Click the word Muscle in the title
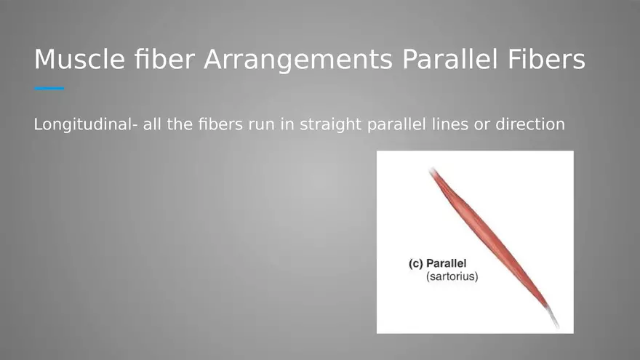(x=79, y=59)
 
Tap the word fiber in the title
(x=164, y=59)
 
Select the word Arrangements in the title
(x=298, y=60)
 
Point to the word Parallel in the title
(x=449, y=59)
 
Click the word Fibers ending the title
(x=546, y=59)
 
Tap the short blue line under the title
(x=49, y=88)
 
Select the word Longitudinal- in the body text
(x=86, y=124)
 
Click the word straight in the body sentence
(x=331, y=124)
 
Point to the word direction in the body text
(x=530, y=124)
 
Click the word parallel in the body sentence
(x=397, y=124)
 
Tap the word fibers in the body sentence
(x=220, y=124)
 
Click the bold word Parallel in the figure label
(x=446, y=263)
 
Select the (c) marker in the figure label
(x=415, y=264)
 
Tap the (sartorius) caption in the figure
(x=452, y=276)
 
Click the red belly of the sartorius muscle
(x=489, y=239)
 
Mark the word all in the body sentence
(x=152, y=124)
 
